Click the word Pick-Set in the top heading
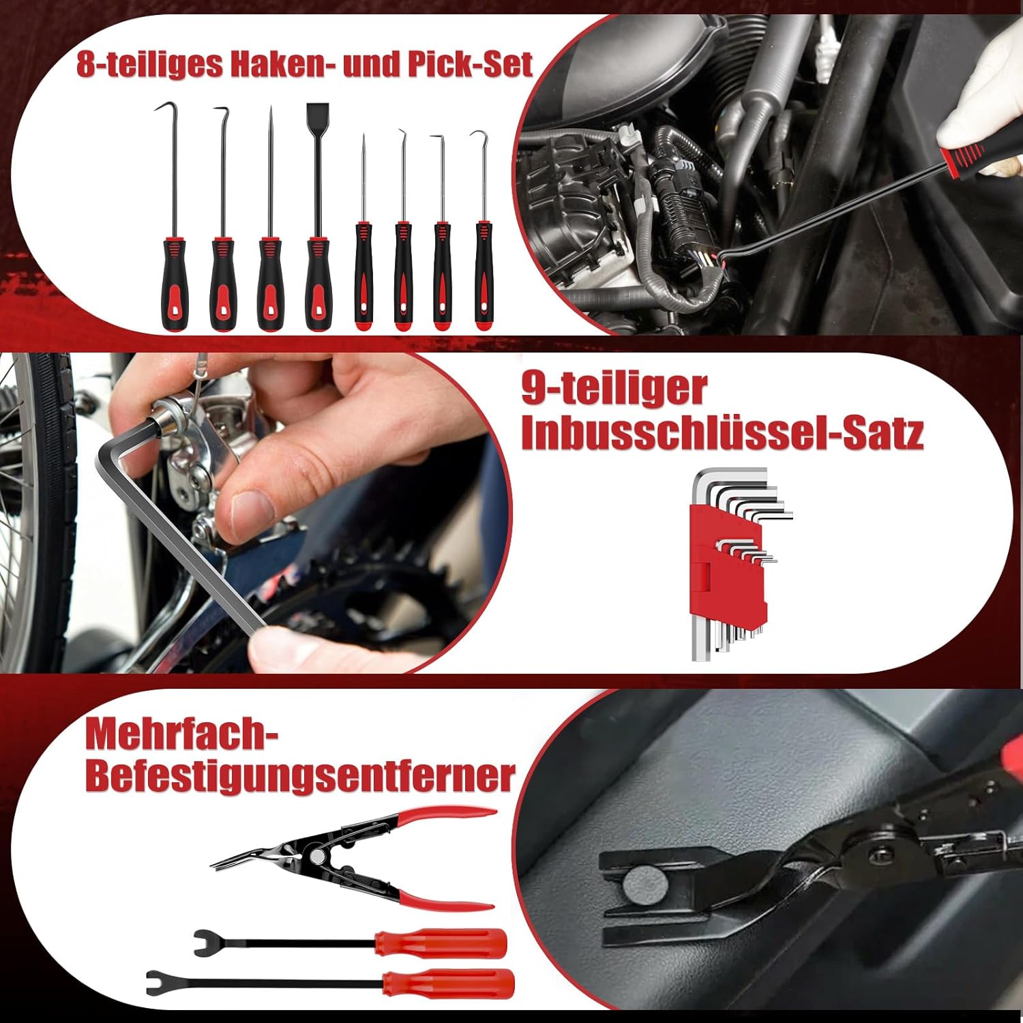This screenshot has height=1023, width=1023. [x=471, y=65]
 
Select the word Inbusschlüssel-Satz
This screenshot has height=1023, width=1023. [x=722, y=432]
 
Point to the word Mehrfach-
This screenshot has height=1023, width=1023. [x=183, y=734]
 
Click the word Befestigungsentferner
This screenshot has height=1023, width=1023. [x=300, y=775]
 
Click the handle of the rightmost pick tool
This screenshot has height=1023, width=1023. [x=484, y=276]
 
